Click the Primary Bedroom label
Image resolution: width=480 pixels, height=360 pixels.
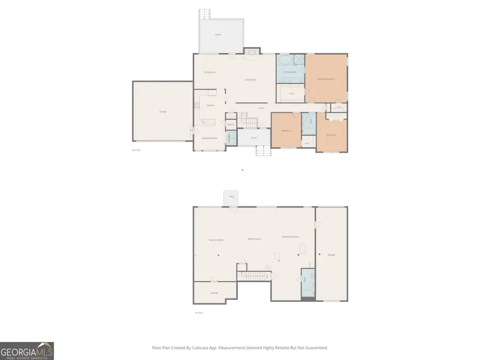tap(326, 79)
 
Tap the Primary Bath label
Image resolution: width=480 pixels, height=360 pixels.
tap(290, 71)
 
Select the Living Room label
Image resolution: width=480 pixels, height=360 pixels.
tap(250, 79)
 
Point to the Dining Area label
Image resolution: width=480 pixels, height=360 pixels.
tap(210, 72)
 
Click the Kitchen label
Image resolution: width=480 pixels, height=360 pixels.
tap(210, 105)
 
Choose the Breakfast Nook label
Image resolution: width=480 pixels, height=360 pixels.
tap(210, 138)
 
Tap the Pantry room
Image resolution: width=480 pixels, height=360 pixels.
tap(230, 125)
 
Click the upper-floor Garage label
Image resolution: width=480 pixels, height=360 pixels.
tap(163, 111)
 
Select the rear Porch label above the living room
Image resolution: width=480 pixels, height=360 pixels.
tap(218, 35)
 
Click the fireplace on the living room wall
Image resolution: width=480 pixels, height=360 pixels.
tap(251, 52)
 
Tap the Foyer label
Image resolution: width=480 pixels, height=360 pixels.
tap(261, 108)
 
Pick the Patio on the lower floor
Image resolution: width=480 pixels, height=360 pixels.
tap(231, 197)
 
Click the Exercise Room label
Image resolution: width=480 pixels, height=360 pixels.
tap(216, 240)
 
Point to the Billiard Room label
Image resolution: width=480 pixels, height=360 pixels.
tap(254, 239)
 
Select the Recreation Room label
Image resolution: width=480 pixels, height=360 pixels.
tap(291, 237)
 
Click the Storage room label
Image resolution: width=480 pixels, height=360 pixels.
tap(214, 293)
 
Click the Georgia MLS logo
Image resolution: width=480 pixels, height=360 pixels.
tap(27, 351)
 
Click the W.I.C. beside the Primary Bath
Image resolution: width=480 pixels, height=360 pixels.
tap(292, 94)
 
